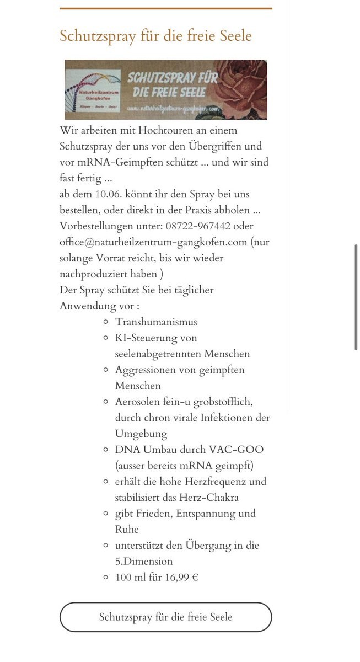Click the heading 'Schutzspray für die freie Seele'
(x=155, y=36)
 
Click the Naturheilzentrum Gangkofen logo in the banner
(x=94, y=90)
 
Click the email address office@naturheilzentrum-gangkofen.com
(x=154, y=242)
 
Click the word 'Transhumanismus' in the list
(x=156, y=322)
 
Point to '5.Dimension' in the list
(x=144, y=561)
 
